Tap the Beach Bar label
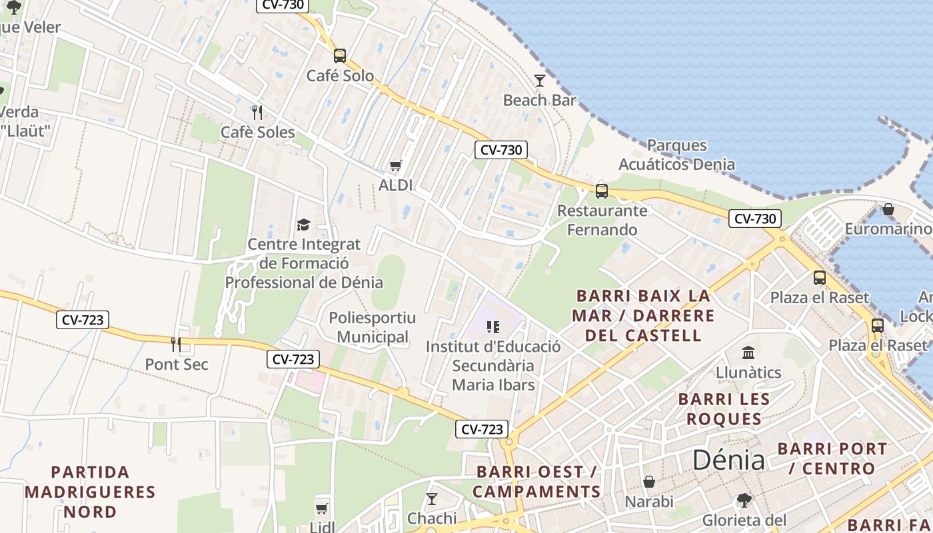pos(540,101)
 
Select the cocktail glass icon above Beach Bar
pos(540,81)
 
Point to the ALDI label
pos(396,185)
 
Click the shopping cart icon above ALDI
pos(396,165)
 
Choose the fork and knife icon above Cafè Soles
pos(257,112)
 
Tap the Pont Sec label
pos(177,364)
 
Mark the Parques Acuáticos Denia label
pos(676,155)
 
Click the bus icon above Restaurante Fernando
pos(602,191)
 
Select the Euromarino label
pos(888,229)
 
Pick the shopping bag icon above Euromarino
pos(888,209)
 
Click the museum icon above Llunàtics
pos(748,352)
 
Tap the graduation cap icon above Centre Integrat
pos(304,225)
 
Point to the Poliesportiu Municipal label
pos(372,327)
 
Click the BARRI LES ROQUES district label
pos(724,409)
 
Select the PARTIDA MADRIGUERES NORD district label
pos(90,492)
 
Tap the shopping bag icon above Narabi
pos(649,481)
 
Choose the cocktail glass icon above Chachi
pos(432,498)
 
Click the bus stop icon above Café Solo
pos(340,56)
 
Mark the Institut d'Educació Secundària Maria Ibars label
pos(493,366)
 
